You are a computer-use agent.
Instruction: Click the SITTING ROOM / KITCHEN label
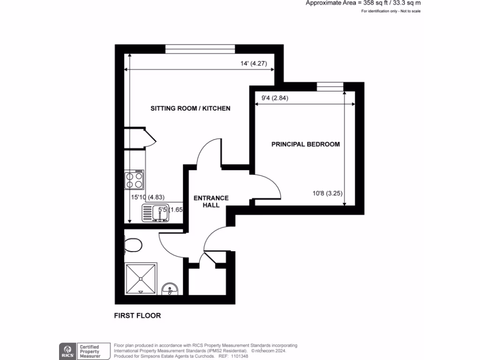[x=190, y=108]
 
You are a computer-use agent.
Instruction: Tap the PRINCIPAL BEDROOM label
[x=306, y=144]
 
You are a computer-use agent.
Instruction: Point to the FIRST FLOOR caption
[x=137, y=315]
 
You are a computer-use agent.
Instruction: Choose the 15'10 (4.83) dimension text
[x=148, y=197]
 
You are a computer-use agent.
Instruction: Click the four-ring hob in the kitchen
[x=135, y=179]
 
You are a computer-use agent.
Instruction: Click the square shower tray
[x=141, y=278]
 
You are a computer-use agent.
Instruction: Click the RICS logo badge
[x=67, y=350]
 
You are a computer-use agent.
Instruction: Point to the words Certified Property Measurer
[x=89, y=351]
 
